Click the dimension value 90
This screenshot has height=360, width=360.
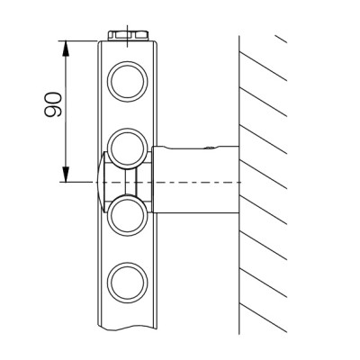click(x=53, y=104)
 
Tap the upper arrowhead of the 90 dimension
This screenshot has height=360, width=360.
click(x=65, y=48)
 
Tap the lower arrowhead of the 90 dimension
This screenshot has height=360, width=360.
click(x=65, y=175)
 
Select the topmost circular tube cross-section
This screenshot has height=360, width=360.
click(x=128, y=82)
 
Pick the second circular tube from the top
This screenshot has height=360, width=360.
click(x=128, y=148)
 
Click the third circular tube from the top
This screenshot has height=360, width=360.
click(x=128, y=215)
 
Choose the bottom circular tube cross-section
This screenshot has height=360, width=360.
click(x=128, y=283)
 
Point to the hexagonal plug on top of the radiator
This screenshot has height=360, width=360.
click(x=128, y=35)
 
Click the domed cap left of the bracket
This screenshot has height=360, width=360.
click(x=101, y=182)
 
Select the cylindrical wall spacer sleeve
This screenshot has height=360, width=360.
click(x=196, y=179)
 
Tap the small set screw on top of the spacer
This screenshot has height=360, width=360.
click(x=210, y=148)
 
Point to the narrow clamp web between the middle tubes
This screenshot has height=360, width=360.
click(x=130, y=182)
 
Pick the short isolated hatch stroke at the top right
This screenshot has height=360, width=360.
click(x=282, y=40)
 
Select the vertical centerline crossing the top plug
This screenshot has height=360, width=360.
click(x=128, y=36)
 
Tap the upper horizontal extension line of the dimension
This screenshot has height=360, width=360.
click(x=78, y=40)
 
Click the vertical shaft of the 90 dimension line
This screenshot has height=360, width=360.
click(x=65, y=112)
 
